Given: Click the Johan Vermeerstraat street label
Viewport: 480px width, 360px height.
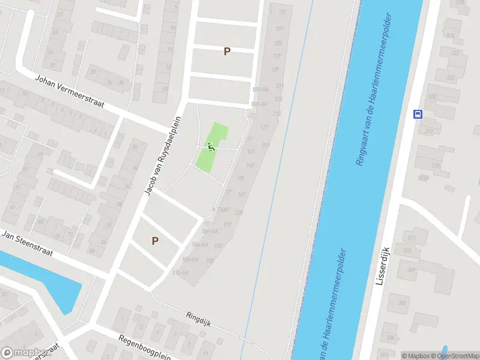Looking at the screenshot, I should (x=70, y=92).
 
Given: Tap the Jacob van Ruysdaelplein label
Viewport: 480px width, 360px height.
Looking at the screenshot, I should (x=162, y=155).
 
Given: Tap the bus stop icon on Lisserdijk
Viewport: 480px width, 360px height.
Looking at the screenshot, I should (x=418, y=114).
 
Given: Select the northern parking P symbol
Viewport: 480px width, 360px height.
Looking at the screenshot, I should (x=227, y=52).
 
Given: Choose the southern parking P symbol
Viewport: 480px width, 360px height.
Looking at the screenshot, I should (x=155, y=241).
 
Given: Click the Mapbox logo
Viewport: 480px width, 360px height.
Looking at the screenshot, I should (x=24, y=353).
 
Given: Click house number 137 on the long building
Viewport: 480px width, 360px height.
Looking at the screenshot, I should (x=265, y=127).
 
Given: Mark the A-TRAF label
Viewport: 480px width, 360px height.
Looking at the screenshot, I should (x=221, y=210).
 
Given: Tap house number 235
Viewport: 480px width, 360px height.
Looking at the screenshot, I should (x=210, y=260).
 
